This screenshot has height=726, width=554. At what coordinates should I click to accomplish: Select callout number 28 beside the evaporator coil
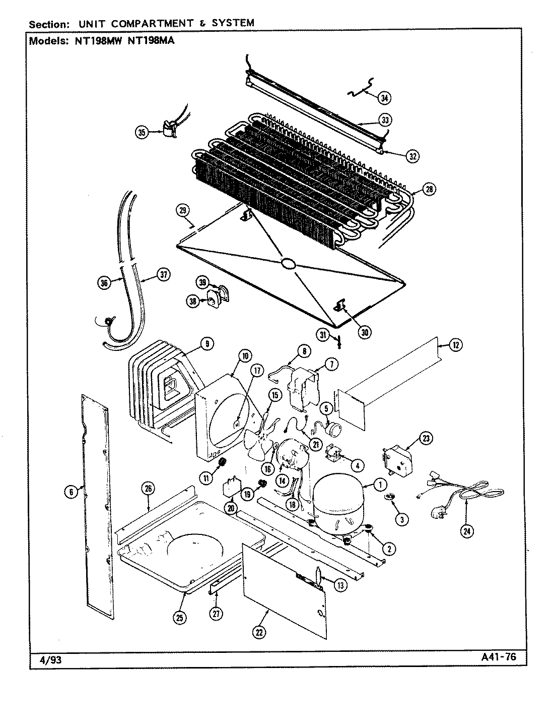[429, 190]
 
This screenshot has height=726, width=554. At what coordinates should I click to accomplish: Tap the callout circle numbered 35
[142, 133]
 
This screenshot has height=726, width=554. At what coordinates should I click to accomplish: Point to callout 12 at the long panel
[455, 345]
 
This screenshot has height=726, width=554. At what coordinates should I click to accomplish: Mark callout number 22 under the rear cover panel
[259, 633]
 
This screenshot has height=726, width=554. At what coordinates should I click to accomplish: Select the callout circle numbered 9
[206, 344]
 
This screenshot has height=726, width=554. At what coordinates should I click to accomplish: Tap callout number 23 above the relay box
[426, 439]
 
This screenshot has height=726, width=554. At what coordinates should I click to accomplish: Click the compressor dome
[338, 497]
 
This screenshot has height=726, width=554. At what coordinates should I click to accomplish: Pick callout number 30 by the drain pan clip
[365, 332]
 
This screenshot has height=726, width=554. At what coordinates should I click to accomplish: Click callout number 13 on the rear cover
[340, 585]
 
